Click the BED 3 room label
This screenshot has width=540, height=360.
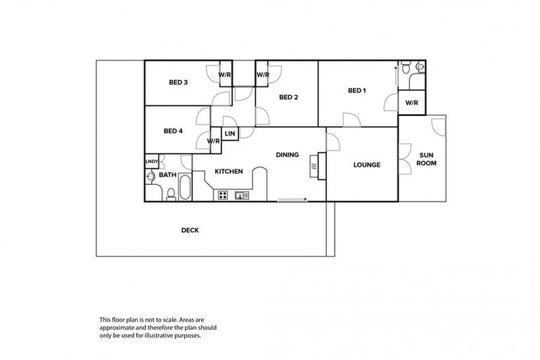pyautogui.click(x=178, y=82)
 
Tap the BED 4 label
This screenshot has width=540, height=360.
pyautogui.click(x=173, y=130)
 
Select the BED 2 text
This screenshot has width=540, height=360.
pyautogui.click(x=288, y=97)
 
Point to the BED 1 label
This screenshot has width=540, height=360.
pyautogui.click(x=357, y=91)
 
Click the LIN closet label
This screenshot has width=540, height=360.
pyautogui.click(x=229, y=133)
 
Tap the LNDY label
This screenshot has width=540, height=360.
pyautogui.click(x=151, y=162)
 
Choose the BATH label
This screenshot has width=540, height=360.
pyautogui.click(x=167, y=175)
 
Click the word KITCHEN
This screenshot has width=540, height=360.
pyautogui.click(x=229, y=172)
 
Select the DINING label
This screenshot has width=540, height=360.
pyautogui.click(x=287, y=155)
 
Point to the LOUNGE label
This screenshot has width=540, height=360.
pyautogui.click(x=366, y=165)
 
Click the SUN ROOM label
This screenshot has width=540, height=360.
pyautogui.click(x=426, y=158)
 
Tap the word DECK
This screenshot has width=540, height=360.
pyautogui.click(x=190, y=230)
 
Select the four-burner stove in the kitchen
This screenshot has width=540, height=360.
pyautogui.click(x=223, y=195)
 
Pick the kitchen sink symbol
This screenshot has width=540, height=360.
pyautogui.click(x=241, y=195)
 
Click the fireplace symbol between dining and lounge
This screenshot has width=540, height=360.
pyautogui.click(x=315, y=166)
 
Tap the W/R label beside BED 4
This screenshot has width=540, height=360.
pyautogui.click(x=214, y=141)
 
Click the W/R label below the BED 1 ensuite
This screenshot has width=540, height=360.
pyautogui.click(x=411, y=103)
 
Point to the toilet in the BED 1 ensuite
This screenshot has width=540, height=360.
pyautogui.click(x=419, y=67)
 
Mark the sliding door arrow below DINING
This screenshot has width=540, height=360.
pyautogui.click(x=292, y=200)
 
